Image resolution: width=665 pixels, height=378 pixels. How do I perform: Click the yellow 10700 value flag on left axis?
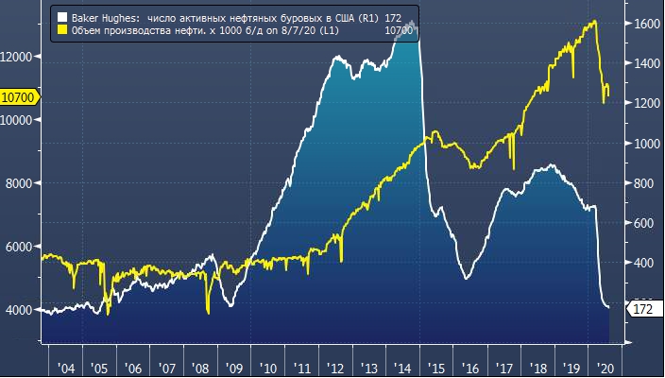pos(18,96)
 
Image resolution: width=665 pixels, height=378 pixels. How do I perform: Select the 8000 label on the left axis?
pos(19,183)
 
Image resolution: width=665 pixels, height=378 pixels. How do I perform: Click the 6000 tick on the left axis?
pos(19,247)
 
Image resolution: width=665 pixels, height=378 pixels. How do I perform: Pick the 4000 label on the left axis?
pos(19,310)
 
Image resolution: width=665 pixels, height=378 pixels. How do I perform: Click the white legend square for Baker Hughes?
pos(62,18)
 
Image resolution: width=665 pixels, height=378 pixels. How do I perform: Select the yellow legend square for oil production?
pos(62,30)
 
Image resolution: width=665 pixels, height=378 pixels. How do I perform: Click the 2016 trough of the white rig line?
pos(468,278)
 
